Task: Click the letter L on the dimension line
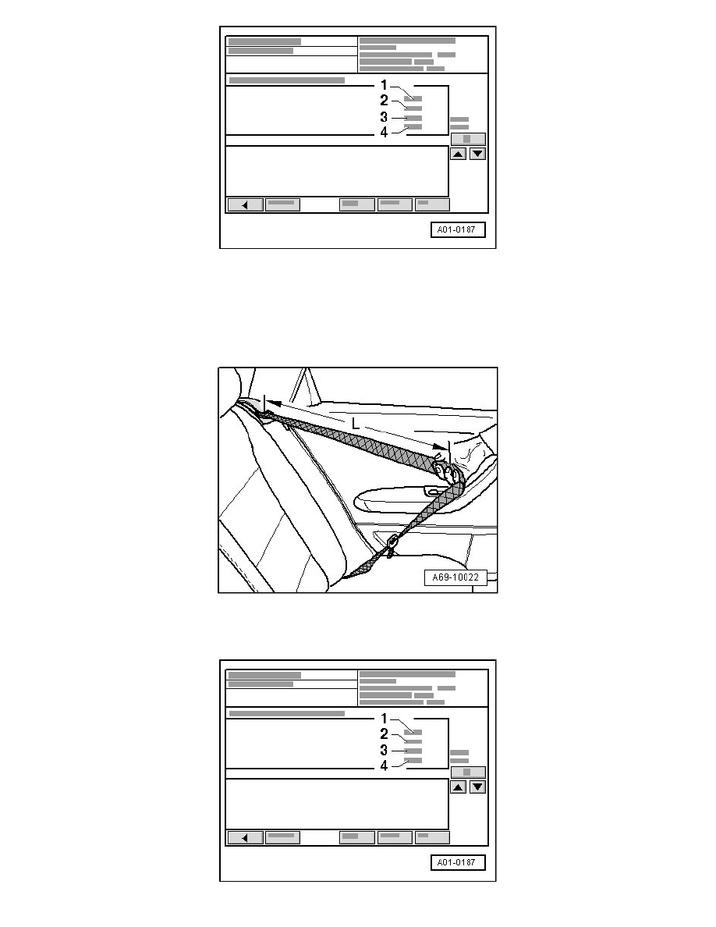(355, 423)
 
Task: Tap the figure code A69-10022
(455, 577)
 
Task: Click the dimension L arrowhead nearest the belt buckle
(439, 447)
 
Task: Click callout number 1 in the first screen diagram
(384, 85)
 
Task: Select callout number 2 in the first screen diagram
(384, 101)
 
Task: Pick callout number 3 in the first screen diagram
(384, 117)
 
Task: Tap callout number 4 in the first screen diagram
(384, 133)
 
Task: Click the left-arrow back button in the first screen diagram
(245, 205)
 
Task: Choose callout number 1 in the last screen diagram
(384, 719)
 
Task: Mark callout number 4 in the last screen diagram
(384, 765)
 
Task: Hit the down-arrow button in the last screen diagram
(478, 787)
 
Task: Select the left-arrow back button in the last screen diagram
(245, 838)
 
